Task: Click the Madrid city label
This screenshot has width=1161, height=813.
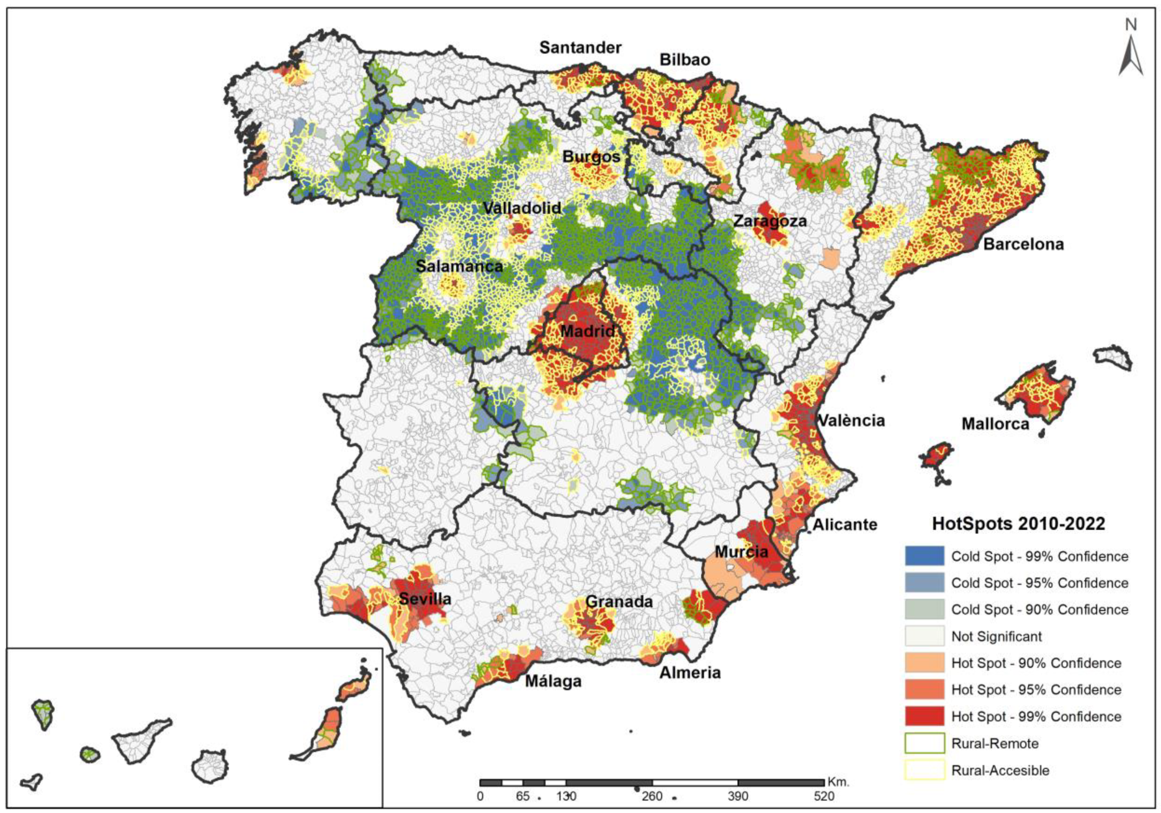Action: [x=587, y=331]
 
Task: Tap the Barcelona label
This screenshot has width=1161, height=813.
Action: [x=1023, y=244]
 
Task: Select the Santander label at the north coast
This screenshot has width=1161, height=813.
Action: [x=580, y=47]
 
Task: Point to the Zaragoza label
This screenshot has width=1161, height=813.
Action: [x=769, y=221]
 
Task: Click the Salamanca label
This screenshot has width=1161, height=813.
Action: [x=459, y=266]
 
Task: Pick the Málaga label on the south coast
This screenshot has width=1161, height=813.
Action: [x=553, y=681]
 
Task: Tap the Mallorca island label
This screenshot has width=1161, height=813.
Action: [x=995, y=424]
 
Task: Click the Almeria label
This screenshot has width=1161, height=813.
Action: [x=689, y=672]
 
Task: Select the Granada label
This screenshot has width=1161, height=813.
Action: [x=619, y=601]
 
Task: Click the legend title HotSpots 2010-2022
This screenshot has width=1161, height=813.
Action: [x=1018, y=524]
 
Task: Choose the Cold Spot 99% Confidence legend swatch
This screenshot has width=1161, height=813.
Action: [x=924, y=556]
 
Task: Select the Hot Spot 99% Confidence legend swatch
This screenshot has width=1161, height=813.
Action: [x=924, y=716]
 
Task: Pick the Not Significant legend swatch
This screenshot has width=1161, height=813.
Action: [x=924, y=636]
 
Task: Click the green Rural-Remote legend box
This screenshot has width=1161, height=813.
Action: [x=924, y=743]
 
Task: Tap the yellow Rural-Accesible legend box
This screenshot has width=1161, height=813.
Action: [x=924, y=770]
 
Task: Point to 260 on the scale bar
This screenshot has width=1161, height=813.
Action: [x=652, y=796]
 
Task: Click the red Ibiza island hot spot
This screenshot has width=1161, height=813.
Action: [x=935, y=457]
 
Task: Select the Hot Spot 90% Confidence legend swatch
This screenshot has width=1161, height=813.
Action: [x=924, y=663]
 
